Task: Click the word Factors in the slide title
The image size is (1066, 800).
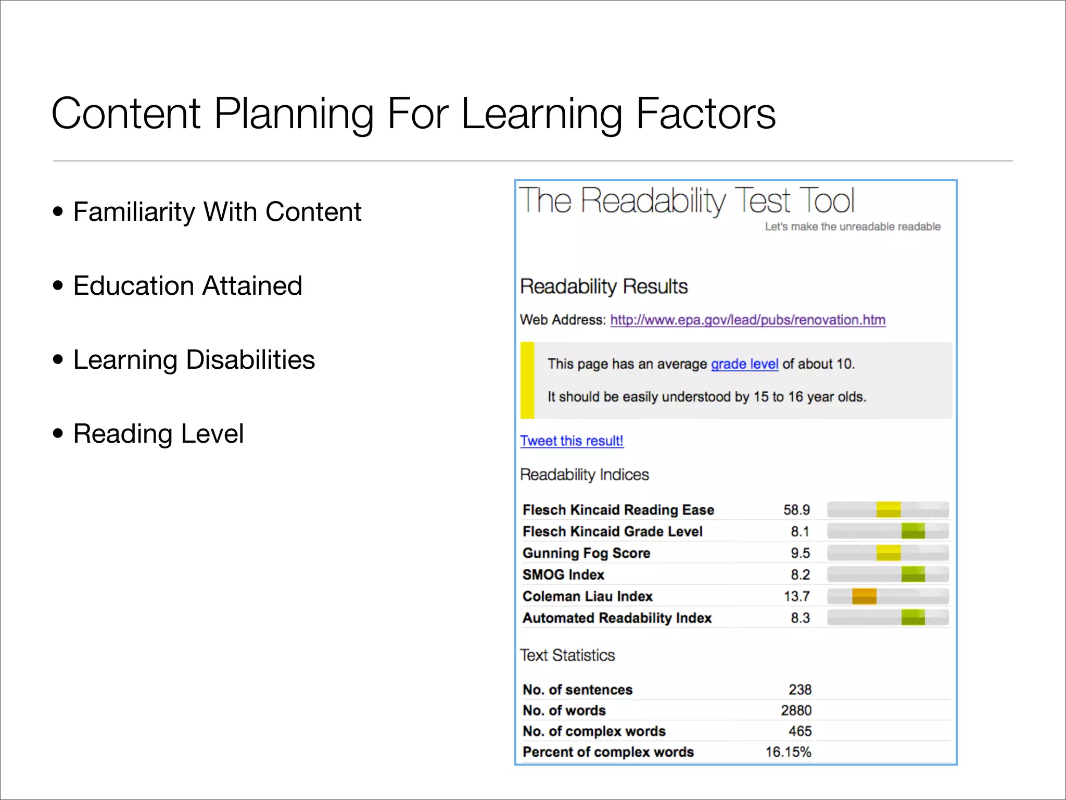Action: [705, 114]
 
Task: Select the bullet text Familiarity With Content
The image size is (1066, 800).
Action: [217, 212]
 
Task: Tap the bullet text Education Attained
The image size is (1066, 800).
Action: [187, 286]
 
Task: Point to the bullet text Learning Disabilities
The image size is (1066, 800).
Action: [194, 360]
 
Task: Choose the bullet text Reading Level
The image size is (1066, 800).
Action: [158, 434]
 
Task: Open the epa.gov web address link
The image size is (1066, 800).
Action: [747, 320]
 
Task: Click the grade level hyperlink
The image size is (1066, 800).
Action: [744, 364]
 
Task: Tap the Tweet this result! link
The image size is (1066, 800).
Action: [572, 441]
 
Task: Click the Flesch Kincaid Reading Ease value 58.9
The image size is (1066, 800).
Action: [796, 510]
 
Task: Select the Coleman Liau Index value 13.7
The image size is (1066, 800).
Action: [796, 596]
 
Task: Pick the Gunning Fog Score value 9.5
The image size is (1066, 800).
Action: [800, 553]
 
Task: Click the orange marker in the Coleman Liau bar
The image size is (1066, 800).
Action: [864, 596]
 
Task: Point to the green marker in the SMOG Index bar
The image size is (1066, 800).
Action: [913, 574]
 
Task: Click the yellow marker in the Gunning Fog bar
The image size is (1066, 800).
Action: [888, 553]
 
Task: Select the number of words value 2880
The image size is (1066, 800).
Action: [796, 710]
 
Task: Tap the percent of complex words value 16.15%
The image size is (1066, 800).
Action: [788, 752]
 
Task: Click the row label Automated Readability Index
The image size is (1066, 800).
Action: [617, 618]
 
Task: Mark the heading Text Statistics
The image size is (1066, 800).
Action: [567, 655]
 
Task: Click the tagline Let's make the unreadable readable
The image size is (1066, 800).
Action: [852, 227]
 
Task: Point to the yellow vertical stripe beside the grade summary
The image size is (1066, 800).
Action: [527, 380]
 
